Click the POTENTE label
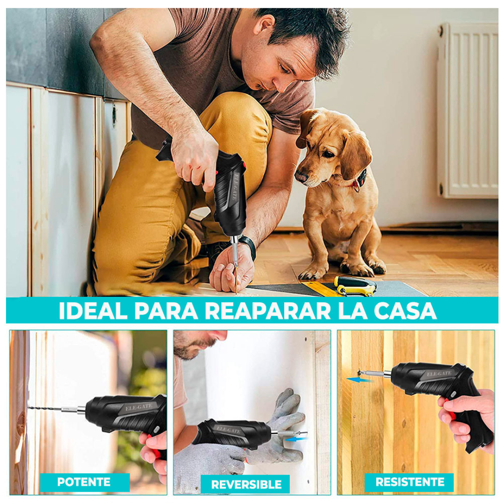(x=84, y=482)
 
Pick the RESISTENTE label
(x=410, y=482)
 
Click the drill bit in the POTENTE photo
(x=51, y=409)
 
